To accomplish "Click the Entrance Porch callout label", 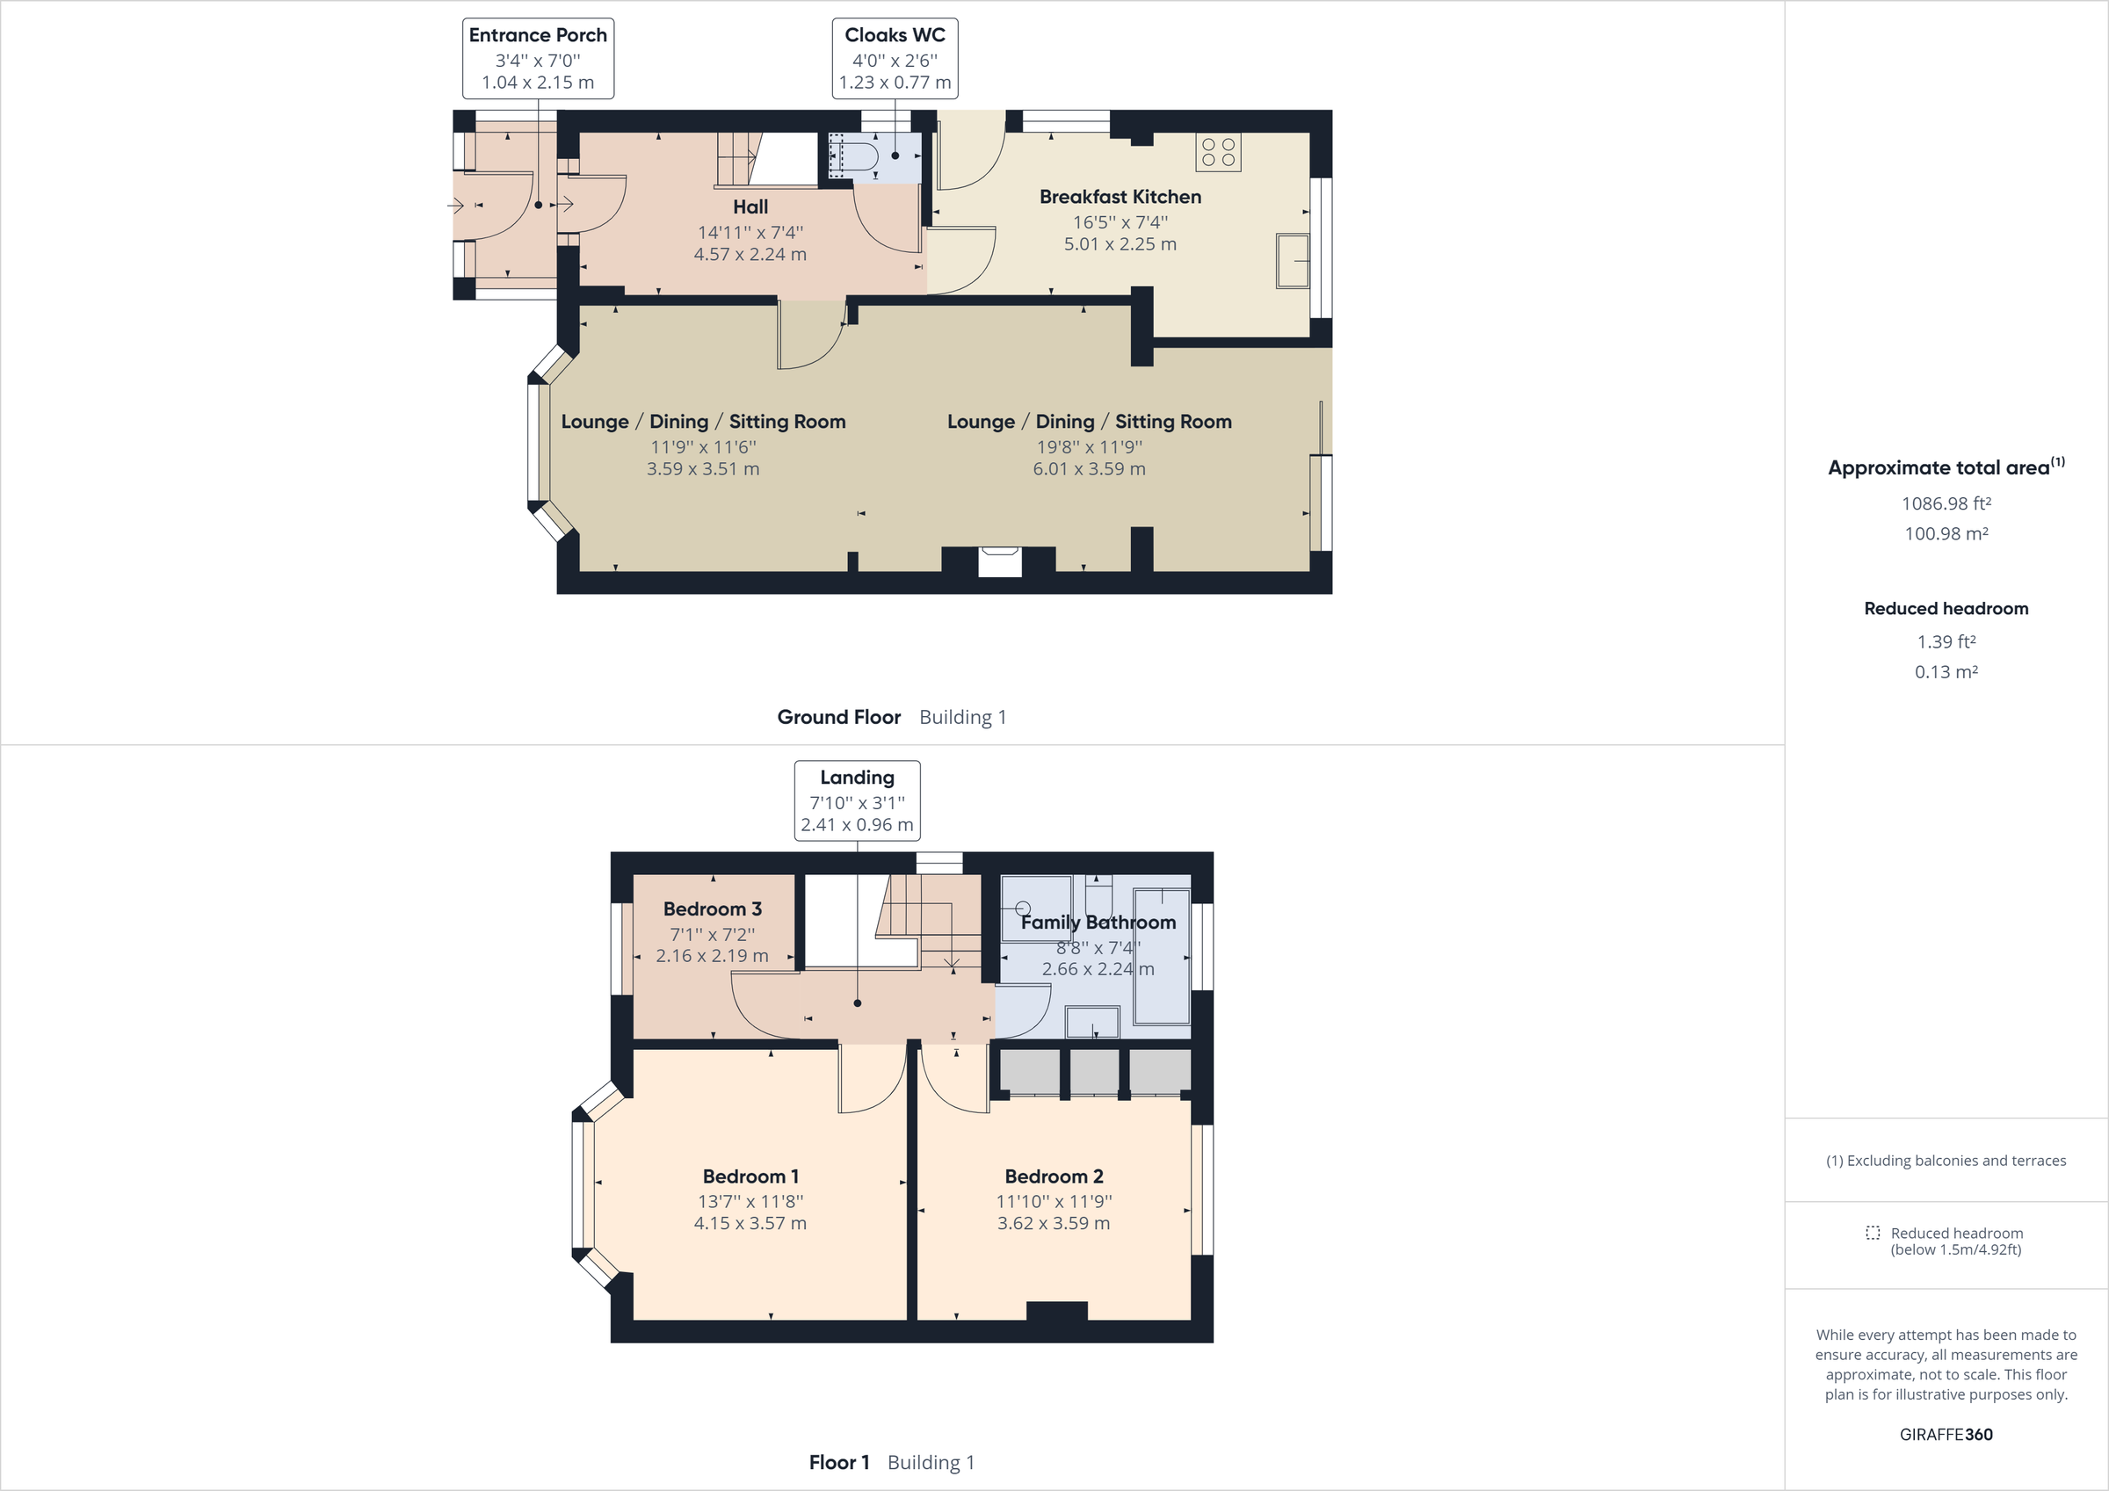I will [537, 35].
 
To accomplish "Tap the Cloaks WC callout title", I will [895, 35].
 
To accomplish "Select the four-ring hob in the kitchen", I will [1218, 153].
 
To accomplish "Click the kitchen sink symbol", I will [1293, 261].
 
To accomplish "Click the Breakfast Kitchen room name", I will [1120, 197].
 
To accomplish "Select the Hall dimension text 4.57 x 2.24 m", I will [750, 255].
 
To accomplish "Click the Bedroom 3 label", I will [712, 908].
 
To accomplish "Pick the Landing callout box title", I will [856, 778].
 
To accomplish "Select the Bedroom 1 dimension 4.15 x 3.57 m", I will [750, 1223].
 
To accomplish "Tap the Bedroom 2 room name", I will [1054, 1176].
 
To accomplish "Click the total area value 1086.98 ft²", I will [1946, 503].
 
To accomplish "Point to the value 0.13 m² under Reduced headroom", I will [1946, 671].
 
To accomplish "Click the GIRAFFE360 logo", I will [1946, 1434].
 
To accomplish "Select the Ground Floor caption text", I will [838, 717].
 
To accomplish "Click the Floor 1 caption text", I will [838, 1462].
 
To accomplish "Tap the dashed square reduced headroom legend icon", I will [1872, 1233].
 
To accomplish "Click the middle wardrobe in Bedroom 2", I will [1094, 1071].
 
